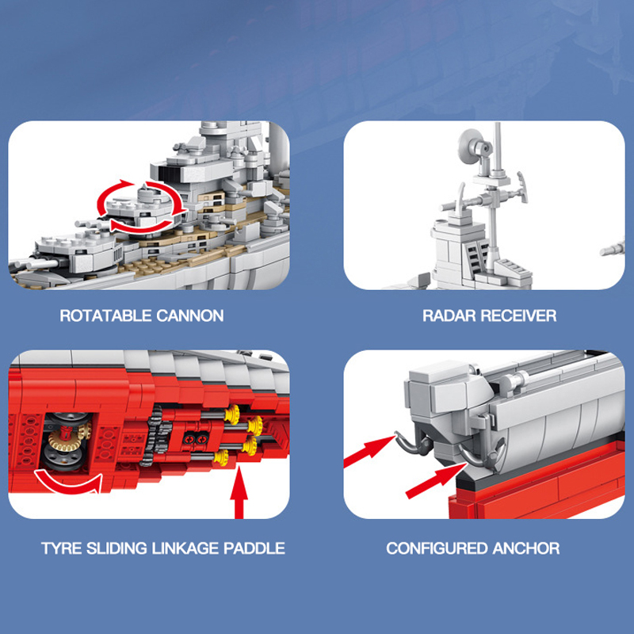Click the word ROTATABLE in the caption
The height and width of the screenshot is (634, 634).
[x=105, y=315]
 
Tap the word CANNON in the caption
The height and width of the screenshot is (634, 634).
[x=190, y=315]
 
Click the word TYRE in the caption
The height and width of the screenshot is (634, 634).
[x=62, y=548]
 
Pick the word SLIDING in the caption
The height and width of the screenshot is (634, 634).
[x=116, y=548]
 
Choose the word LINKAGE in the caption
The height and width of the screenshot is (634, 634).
[x=185, y=548]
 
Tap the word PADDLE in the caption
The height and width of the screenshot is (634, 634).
[x=254, y=548]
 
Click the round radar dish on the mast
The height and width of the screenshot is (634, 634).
[x=470, y=147]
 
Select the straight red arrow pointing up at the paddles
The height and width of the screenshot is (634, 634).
[x=239, y=492]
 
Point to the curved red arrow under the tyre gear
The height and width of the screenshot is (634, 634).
[x=68, y=483]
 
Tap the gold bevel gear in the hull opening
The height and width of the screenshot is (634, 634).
[x=65, y=441]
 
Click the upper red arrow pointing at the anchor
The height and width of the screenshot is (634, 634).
[x=369, y=452]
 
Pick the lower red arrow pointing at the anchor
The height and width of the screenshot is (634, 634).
[x=436, y=481]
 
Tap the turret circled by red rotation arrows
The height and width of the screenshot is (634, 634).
[x=142, y=208]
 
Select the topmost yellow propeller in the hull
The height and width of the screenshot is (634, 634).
[x=232, y=414]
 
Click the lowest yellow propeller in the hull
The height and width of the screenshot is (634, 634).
[x=221, y=457]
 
